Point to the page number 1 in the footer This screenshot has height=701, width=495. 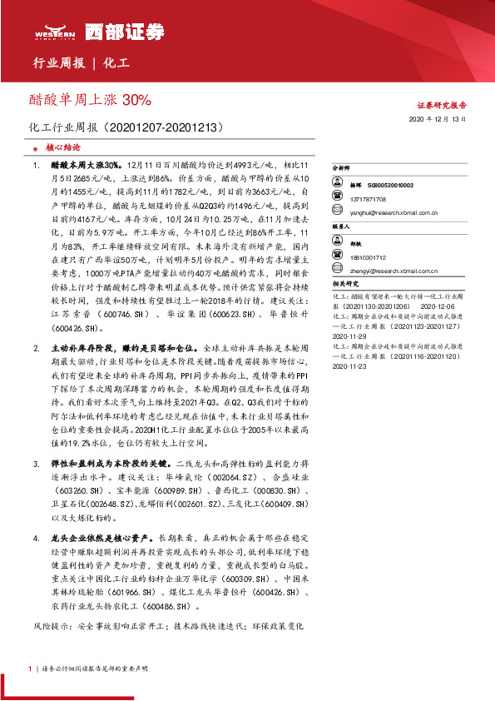pyautogui.click(x=29, y=669)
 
